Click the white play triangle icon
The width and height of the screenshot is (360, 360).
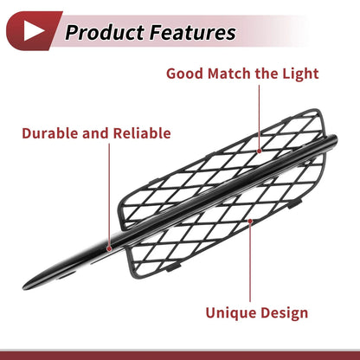click(x=32, y=30)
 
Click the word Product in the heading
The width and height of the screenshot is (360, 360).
click(x=105, y=32)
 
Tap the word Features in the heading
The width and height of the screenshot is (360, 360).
click(x=193, y=32)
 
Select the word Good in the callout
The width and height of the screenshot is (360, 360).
click(x=184, y=74)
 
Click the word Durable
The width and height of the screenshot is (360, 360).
click(x=50, y=133)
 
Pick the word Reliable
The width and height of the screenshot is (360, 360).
click(x=142, y=133)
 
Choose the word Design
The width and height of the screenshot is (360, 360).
click(x=285, y=313)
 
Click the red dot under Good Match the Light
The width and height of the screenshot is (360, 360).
click(x=260, y=151)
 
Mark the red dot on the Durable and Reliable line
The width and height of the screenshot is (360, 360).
click(x=109, y=248)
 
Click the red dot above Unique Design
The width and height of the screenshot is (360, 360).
click(x=250, y=222)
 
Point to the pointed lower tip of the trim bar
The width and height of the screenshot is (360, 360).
click(x=23, y=287)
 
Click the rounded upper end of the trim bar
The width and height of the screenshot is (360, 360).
click(x=335, y=139)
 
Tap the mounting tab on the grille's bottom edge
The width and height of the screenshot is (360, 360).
click(x=173, y=267)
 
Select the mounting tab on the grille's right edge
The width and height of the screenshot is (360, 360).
click(x=294, y=203)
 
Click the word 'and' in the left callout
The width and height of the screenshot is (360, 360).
click(x=95, y=133)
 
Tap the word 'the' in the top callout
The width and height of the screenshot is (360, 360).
click(x=267, y=74)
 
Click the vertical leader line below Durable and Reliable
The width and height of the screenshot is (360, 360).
click(x=109, y=195)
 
